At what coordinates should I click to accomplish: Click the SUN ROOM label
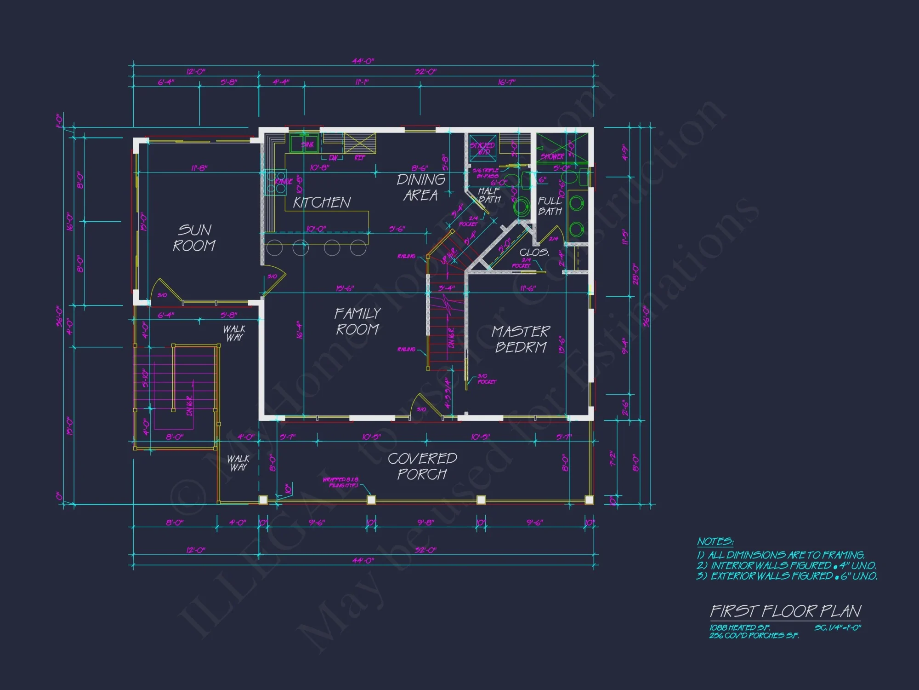pyautogui.click(x=194, y=238)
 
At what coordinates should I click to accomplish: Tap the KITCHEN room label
pyautogui.click(x=322, y=202)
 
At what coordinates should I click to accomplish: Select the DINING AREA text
pyautogui.click(x=421, y=187)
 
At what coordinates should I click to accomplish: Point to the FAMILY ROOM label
pyautogui.click(x=357, y=322)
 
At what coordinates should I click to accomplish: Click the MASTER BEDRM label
pyautogui.click(x=521, y=339)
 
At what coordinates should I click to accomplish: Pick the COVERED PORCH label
pyautogui.click(x=422, y=466)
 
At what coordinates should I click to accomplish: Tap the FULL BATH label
pyautogui.click(x=550, y=206)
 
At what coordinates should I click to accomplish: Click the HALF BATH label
pyautogui.click(x=489, y=195)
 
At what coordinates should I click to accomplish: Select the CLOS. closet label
pyautogui.click(x=534, y=253)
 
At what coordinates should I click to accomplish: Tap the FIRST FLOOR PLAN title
pyautogui.click(x=785, y=611)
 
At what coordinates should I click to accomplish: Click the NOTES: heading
pyautogui.click(x=715, y=541)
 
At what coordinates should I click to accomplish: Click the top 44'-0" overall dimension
pyautogui.click(x=363, y=61)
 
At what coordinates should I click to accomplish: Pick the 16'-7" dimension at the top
pyautogui.click(x=506, y=82)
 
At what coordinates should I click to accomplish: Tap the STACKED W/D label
pyautogui.click(x=482, y=148)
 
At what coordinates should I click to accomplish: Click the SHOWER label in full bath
pyautogui.click(x=552, y=156)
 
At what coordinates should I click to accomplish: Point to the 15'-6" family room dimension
pyautogui.click(x=345, y=288)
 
